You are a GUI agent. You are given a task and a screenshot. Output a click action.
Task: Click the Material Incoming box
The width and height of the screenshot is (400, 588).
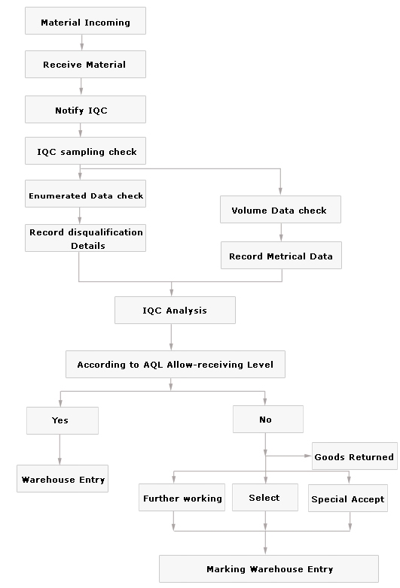click(85, 20)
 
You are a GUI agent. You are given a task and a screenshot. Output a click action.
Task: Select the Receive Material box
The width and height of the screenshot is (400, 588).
click(85, 64)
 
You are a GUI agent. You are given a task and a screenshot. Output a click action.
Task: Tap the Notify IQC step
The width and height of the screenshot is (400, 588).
click(85, 109)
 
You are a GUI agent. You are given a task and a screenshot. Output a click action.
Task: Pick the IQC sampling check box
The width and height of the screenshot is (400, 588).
click(85, 150)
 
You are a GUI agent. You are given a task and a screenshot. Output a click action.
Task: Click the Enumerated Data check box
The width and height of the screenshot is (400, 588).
click(85, 193)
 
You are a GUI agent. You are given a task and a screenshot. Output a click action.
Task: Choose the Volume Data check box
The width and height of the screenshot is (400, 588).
click(280, 209)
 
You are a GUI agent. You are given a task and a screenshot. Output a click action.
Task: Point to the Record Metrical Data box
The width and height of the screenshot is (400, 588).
click(281, 255)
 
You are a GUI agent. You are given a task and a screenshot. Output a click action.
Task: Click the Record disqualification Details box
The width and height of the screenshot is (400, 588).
click(85, 238)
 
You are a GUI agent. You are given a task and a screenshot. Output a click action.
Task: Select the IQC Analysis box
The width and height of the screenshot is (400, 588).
click(175, 310)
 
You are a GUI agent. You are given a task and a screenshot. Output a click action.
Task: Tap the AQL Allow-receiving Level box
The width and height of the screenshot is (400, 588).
click(176, 364)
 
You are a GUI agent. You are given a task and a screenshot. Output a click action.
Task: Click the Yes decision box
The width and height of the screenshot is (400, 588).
click(63, 420)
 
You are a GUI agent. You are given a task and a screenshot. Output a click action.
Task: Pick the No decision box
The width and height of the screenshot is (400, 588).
click(267, 419)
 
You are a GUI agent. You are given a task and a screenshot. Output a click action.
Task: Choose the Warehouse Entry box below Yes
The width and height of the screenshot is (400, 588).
click(63, 478)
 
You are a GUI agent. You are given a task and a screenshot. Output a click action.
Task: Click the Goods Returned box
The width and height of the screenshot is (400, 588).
click(355, 456)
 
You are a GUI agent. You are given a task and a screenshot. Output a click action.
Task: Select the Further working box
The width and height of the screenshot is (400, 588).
click(182, 497)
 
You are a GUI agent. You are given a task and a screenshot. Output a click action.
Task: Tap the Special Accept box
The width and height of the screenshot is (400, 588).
click(348, 498)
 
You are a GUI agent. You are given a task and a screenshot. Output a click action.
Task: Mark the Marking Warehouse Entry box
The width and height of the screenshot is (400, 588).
click(268, 569)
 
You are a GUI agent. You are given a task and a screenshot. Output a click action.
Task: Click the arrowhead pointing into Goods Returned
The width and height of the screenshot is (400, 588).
click(308, 456)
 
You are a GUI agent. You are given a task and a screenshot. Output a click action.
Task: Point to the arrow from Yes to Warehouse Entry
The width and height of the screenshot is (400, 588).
click(60, 450)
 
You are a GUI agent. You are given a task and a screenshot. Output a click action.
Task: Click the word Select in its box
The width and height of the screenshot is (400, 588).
click(264, 498)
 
